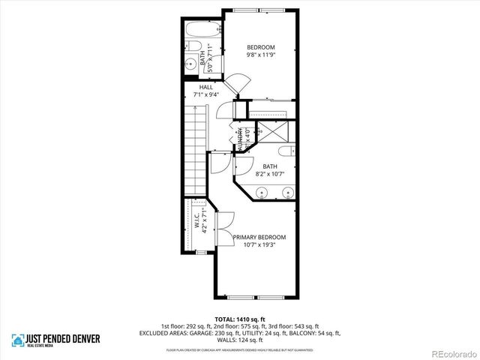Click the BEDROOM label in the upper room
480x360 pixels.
click(262, 47)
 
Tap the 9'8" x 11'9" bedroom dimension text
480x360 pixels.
click(262, 55)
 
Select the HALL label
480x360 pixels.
click(206, 87)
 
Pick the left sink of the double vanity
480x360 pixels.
click(260, 193)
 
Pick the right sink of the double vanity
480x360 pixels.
click(286, 193)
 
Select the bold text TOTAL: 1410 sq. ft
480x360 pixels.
click(240, 319)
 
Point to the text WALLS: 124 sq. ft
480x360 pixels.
click(240, 339)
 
